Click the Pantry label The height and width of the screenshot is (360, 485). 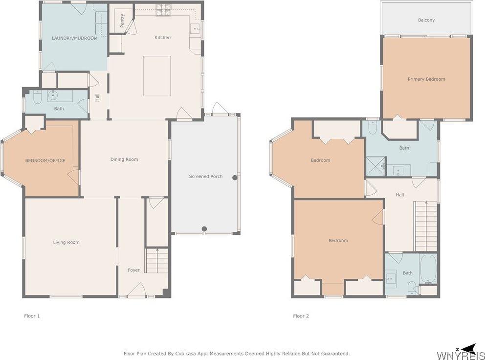(x=122, y=21)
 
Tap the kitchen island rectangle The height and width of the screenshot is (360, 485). (x=157, y=76)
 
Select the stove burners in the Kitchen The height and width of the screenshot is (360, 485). (x=163, y=10)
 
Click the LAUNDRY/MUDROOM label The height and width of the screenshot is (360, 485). (x=74, y=38)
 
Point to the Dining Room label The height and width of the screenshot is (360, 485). (x=124, y=159)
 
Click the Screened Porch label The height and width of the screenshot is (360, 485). (x=206, y=177)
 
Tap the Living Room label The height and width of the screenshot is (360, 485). (x=66, y=243)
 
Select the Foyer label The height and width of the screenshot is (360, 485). (x=133, y=270)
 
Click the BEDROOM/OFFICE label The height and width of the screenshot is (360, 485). (x=45, y=160)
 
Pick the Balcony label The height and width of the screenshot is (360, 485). (x=426, y=20)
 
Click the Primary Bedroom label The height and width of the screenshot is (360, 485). (x=426, y=79)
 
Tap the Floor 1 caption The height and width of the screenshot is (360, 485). (x=32, y=316)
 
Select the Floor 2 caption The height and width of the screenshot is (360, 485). (x=301, y=316)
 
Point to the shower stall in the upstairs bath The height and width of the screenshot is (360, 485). (x=376, y=166)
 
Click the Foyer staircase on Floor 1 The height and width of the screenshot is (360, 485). (x=157, y=260)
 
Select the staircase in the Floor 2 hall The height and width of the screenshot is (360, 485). (x=426, y=226)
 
